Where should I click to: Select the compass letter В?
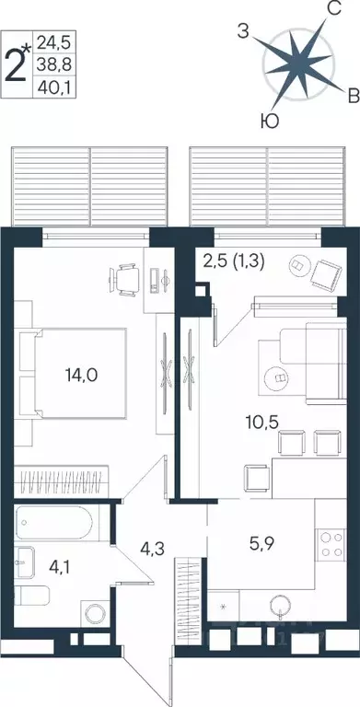coord(352,95)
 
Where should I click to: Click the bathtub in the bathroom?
coord(56,526)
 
